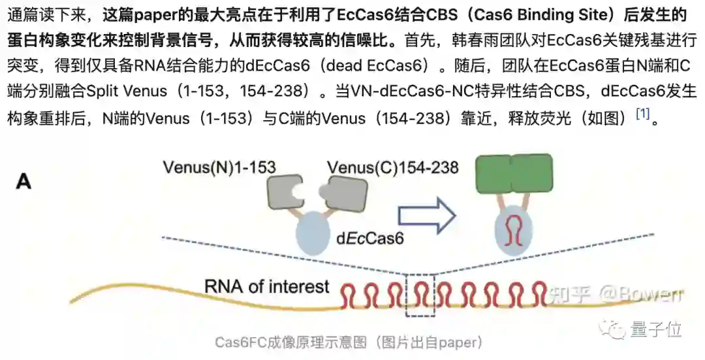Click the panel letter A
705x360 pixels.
point(23,181)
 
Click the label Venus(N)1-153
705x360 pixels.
point(219,168)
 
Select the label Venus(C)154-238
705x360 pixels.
point(393,168)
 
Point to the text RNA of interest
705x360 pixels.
point(267,286)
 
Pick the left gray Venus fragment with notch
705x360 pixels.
point(285,192)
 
